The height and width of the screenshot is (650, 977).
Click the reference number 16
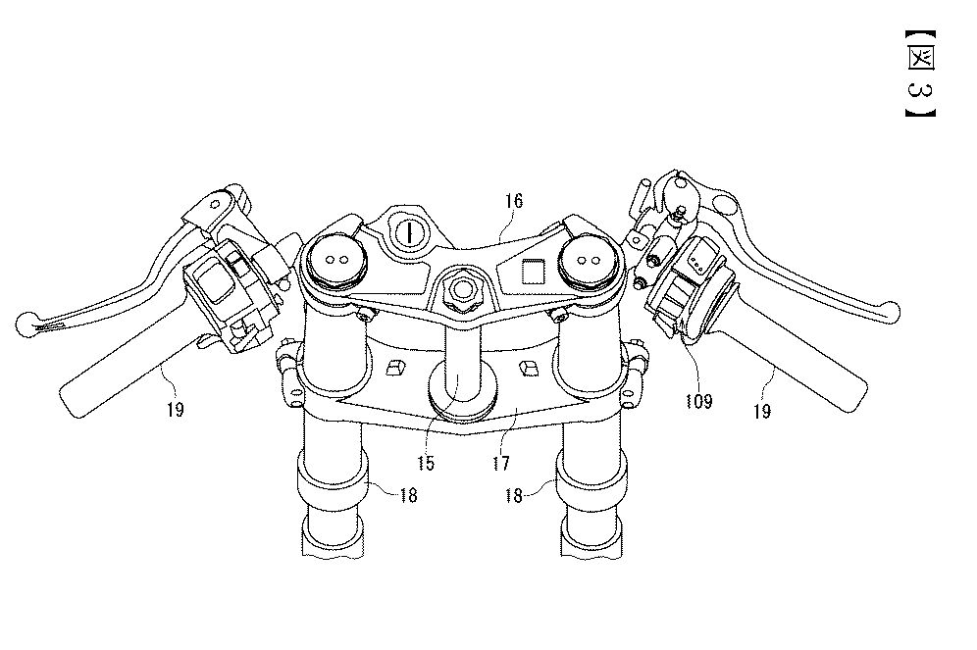coord(514,201)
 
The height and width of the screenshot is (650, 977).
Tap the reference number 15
coord(426,463)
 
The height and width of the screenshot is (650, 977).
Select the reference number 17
coord(501,463)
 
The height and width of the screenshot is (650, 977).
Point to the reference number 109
coord(698,402)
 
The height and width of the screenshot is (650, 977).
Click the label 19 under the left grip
coord(175,410)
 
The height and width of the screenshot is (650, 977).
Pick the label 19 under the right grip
coord(762,411)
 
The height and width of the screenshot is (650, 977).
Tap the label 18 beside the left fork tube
coord(408,496)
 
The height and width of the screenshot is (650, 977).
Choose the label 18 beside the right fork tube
coord(513,496)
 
